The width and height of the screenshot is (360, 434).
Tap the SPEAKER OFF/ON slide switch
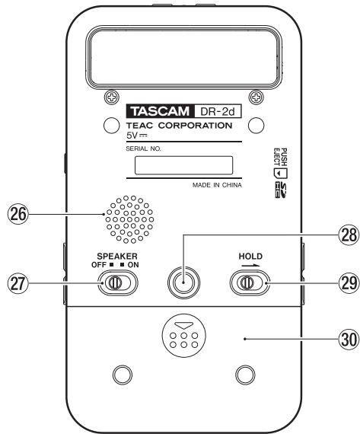tap(117, 283)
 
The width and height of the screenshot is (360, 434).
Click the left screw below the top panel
tap(112, 97)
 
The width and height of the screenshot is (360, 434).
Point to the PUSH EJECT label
tap(279, 154)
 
